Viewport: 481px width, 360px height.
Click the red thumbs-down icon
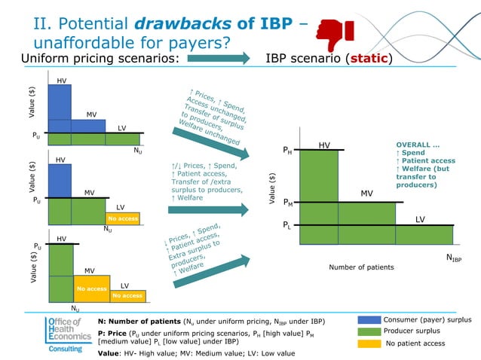click(x=332, y=32)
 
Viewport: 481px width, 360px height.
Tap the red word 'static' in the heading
click(x=367, y=58)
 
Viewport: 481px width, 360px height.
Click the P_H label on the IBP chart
click(x=287, y=151)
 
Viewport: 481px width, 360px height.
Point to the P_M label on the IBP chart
click(x=288, y=203)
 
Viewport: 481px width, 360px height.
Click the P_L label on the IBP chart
click(x=287, y=224)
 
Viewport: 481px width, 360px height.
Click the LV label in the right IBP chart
click(x=421, y=218)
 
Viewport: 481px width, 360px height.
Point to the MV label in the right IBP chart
click(x=366, y=194)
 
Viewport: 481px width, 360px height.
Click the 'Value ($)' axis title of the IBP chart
click(x=272, y=188)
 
